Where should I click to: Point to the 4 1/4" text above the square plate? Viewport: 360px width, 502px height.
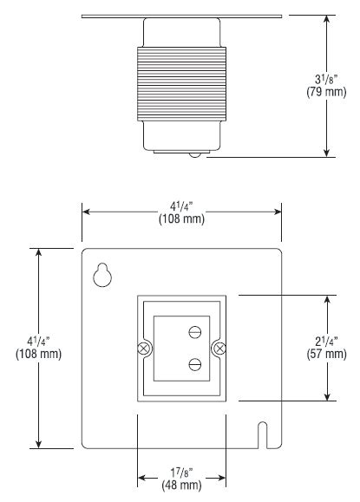[x=181, y=207]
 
